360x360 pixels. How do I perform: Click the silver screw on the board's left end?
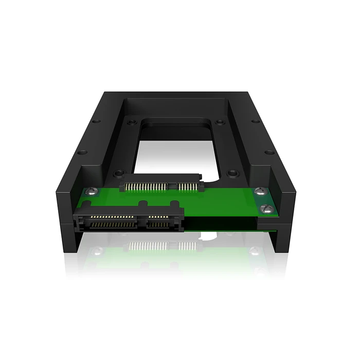(91, 191)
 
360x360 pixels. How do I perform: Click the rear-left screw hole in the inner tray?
(132, 122)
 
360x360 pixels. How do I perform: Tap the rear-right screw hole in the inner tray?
(220, 122)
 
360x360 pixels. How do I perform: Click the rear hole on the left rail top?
(96, 122)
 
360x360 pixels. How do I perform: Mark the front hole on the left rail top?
(81, 152)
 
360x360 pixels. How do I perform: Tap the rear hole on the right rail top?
(256, 122)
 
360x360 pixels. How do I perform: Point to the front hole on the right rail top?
(269, 152)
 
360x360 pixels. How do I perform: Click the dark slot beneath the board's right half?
(221, 223)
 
